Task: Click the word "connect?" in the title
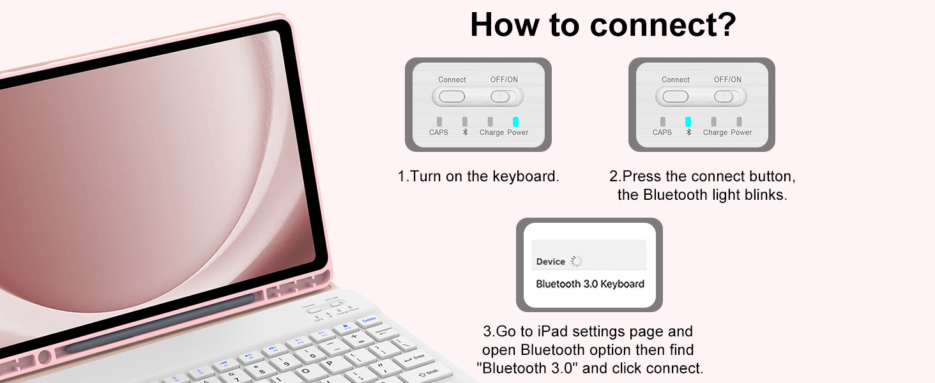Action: coord(664,25)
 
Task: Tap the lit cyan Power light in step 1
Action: coord(515,121)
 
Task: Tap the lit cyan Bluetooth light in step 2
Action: coord(688,121)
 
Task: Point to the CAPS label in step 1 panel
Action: coord(439,132)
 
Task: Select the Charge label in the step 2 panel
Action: coord(715,132)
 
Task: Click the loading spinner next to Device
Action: coord(577,261)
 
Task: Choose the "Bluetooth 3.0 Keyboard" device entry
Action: coord(589,284)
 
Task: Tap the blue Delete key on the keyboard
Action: coord(369,319)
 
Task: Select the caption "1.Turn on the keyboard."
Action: coord(478,177)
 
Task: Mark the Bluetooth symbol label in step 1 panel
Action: coord(465,132)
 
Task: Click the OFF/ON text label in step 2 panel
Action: coord(727,80)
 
